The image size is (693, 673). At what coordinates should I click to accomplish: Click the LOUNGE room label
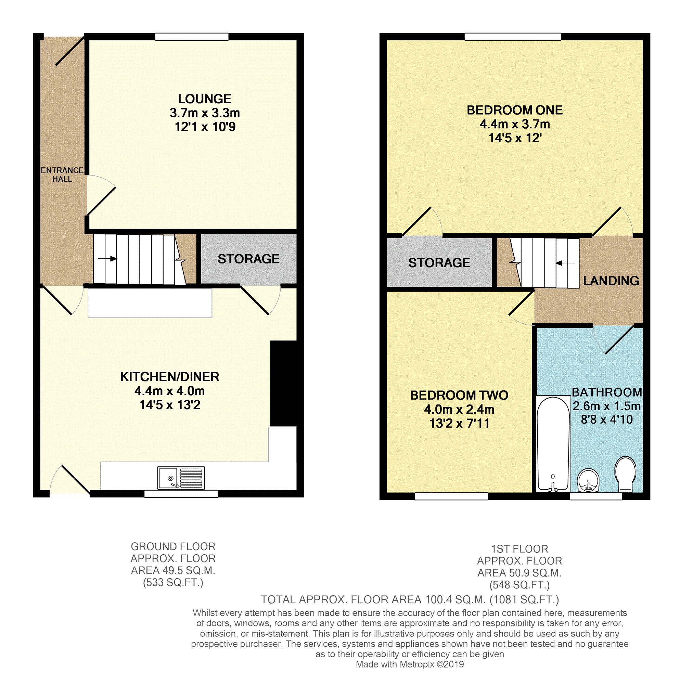point(204,99)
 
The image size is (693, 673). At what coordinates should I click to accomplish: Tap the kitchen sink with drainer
point(181,478)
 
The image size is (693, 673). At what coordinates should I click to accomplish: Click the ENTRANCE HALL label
point(62,174)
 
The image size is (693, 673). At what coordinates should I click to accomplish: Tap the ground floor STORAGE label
point(248,259)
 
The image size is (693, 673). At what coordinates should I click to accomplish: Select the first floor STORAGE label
point(439,263)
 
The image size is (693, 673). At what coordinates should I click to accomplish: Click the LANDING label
point(611,281)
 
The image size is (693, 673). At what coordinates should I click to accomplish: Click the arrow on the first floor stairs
point(564,263)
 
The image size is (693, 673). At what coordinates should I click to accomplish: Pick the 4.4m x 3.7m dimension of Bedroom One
point(514,124)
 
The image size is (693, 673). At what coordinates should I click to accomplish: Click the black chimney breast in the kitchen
point(284,383)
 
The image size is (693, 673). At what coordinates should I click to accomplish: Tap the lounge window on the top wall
point(192,36)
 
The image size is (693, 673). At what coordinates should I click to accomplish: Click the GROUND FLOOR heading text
point(173,546)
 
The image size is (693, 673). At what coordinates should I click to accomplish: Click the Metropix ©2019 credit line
point(409,664)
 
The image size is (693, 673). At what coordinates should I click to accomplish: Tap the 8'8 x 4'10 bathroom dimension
point(606,419)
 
